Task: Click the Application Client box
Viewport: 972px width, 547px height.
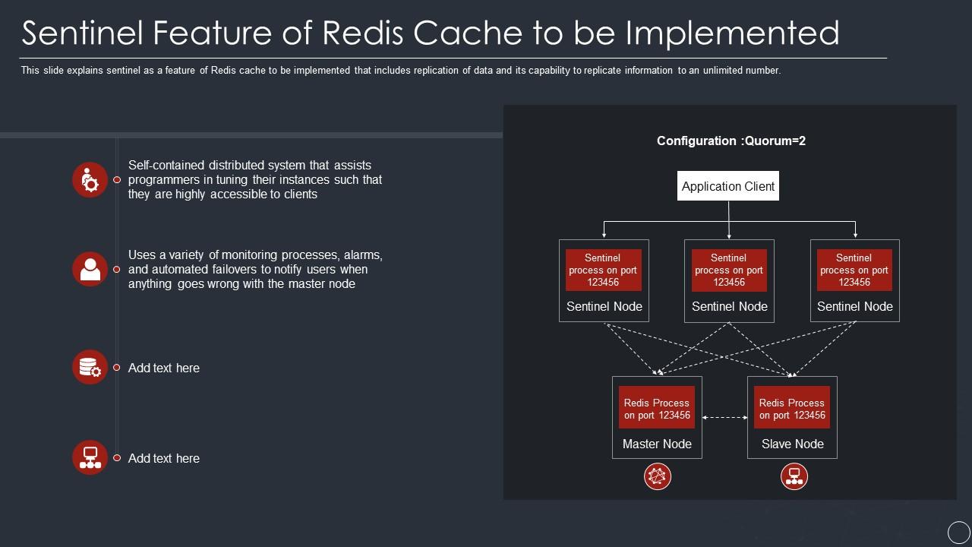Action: pos(727,186)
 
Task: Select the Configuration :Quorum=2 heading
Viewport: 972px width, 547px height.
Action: pos(731,141)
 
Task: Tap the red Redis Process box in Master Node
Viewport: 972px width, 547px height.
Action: pos(657,409)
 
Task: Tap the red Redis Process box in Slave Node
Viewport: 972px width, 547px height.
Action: pos(792,409)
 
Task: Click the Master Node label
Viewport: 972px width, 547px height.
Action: pos(657,444)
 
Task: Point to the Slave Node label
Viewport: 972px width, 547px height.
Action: pos(792,444)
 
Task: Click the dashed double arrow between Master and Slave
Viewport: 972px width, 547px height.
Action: pos(724,417)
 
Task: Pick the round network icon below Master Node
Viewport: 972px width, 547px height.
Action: pos(658,476)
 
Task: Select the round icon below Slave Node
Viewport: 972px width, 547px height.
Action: pos(794,476)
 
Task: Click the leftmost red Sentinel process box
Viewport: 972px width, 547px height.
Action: pos(603,270)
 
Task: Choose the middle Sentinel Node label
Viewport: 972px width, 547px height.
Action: pos(729,306)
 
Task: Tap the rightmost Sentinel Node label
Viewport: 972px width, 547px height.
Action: pos(854,306)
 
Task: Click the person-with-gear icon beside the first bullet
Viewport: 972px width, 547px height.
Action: pos(90,180)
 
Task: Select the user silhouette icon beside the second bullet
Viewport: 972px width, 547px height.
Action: pos(90,269)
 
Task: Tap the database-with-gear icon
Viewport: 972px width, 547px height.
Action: pos(90,367)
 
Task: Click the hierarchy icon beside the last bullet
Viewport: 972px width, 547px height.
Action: pos(90,457)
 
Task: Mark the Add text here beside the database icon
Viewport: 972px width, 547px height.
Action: pos(163,368)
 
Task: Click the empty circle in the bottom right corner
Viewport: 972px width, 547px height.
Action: pos(958,533)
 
